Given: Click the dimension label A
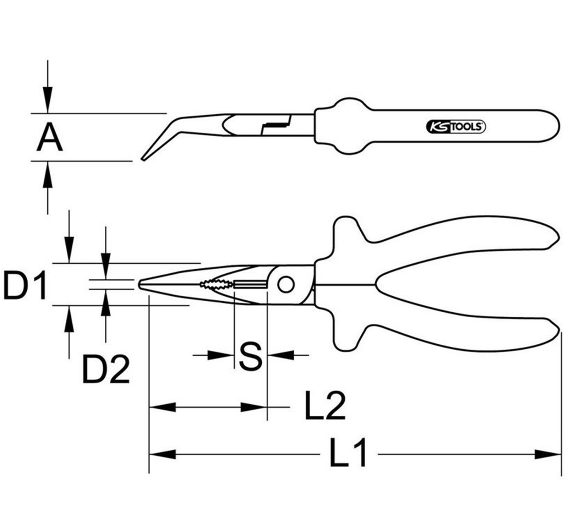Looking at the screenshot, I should coord(49,138).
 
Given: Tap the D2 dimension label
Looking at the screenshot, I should coord(105,370).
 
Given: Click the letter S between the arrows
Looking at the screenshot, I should coord(250,356).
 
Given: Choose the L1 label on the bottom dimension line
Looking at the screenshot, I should coord(348,453).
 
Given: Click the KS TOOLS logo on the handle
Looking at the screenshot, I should coord(455,127).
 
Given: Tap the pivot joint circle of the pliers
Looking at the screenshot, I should coord(286,284).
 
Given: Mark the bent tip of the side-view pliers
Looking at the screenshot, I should coord(143,159).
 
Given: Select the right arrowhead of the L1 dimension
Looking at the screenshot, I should coord(548,454).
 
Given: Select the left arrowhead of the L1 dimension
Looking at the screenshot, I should coord(162,454).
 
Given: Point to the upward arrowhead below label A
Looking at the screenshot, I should coord(48,174).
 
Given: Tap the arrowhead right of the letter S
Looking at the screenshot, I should coord(281,355).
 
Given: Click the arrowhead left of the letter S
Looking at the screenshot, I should coord(220,355).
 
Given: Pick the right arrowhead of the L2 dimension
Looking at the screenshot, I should coord(254,407).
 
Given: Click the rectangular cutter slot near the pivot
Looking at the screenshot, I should coord(250,284).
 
